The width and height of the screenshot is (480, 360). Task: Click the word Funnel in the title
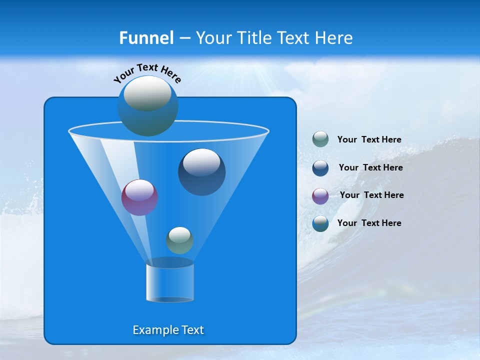click(x=146, y=38)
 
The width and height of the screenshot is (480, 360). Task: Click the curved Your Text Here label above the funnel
click(x=147, y=72)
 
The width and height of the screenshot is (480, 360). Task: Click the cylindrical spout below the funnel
click(x=170, y=282)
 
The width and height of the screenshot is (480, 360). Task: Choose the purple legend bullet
click(x=320, y=196)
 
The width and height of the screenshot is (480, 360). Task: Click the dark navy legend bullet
click(x=320, y=168)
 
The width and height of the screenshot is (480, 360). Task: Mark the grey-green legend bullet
click(x=320, y=139)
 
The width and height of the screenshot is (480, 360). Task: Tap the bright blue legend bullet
click(x=320, y=223)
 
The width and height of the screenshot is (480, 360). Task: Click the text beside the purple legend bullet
click(x=371, y=195)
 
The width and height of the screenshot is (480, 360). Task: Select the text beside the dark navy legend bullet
click(x=370, y=167)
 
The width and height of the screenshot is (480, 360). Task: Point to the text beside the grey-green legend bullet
click(x=369, y=139)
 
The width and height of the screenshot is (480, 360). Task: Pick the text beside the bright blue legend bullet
click(x=369, y=223)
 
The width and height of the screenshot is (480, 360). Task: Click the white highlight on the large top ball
click(x=147, y=93)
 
